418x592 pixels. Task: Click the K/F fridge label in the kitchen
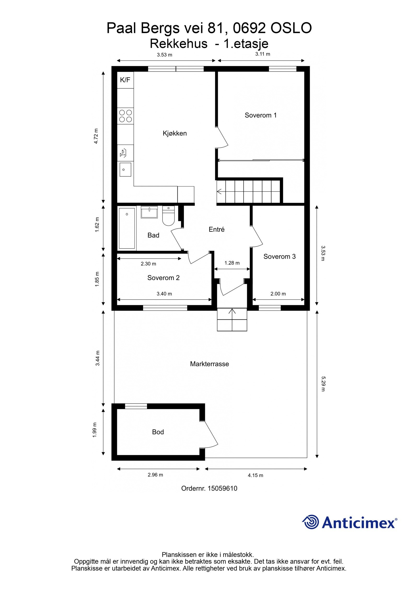click(125, 80)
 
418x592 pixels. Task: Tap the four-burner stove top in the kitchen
click(125, 116)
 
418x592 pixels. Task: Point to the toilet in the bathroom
click(169, 216)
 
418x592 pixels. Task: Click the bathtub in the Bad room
click(127, 228)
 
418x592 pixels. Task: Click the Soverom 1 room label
click(260, 115)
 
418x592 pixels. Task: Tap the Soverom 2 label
click(163, 278)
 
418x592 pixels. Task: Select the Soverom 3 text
click(279, 257)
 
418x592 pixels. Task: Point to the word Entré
click(217, 229)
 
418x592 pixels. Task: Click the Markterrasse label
click(209, 364)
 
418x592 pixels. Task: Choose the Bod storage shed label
click(158, 432)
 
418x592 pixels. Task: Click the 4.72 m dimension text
click(96, 136)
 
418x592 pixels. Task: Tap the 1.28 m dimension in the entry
click(232, 263)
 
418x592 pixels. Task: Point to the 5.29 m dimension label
click(323, 384)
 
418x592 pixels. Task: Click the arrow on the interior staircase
click(219, 191)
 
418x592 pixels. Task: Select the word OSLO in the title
click(291, 28)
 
